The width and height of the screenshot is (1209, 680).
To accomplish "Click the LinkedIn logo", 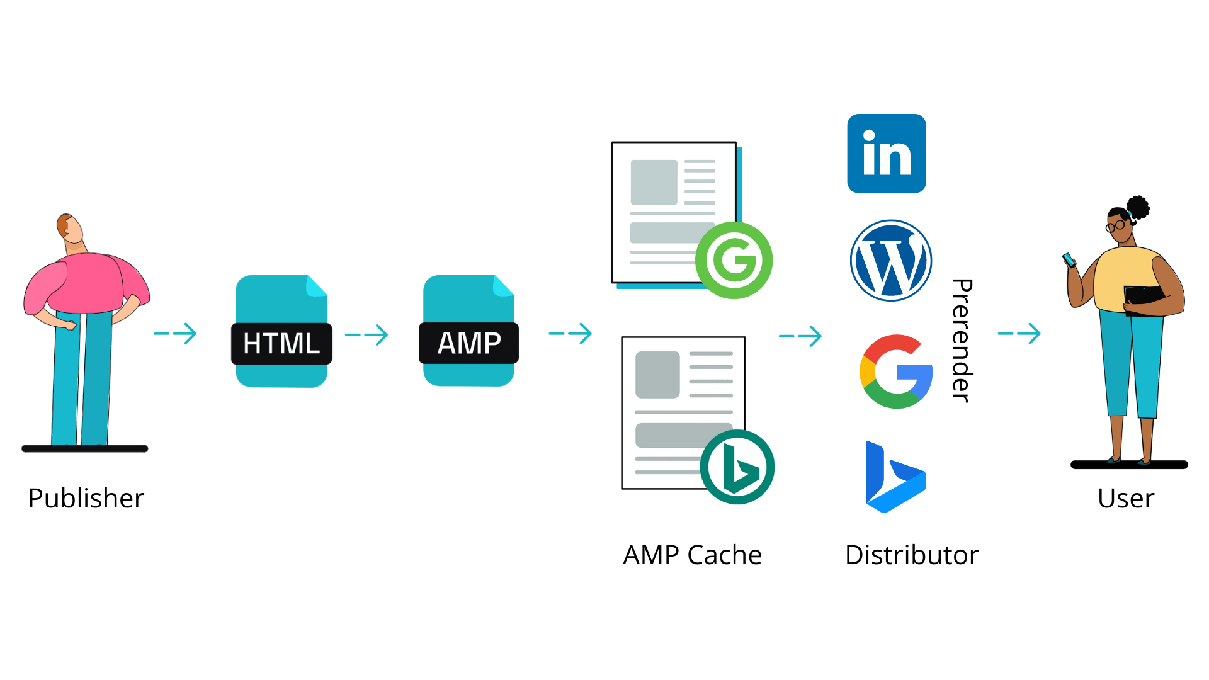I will [886, 154].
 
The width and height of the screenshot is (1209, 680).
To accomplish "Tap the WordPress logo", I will [890, 260].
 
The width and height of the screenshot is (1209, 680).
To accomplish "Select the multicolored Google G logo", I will [895, 371].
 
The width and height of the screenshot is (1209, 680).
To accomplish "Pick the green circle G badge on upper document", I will [734, 260].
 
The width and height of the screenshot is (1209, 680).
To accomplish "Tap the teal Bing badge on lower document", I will [737, 467].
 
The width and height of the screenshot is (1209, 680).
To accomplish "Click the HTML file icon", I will [281, 331].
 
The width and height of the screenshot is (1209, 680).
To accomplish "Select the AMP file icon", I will [468, 331].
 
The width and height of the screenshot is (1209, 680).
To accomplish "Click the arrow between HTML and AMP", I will [367, 335].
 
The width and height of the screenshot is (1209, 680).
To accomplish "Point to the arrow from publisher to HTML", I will [176, 334].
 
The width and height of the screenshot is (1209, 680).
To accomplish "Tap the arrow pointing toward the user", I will [1019, 334].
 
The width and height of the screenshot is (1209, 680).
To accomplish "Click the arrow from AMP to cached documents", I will [570, 334].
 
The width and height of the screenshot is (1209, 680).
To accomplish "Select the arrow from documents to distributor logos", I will [801, 336].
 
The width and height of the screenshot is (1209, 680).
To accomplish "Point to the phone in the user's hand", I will [1069, 259].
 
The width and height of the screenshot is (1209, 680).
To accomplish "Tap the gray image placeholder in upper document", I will [654, 182].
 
